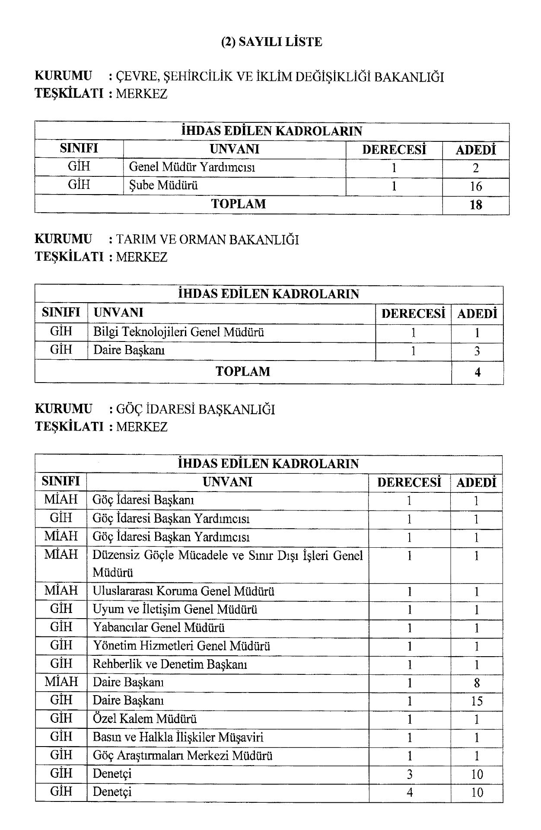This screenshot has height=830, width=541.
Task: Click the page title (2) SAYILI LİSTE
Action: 271,42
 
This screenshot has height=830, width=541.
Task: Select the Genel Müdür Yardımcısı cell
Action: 192,167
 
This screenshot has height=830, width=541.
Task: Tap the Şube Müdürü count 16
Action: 475,186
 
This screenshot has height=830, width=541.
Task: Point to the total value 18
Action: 475,205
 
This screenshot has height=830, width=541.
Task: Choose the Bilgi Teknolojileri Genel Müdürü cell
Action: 178,332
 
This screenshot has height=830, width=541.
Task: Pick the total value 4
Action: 477,372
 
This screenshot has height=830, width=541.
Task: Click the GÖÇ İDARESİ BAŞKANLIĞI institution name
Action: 195,409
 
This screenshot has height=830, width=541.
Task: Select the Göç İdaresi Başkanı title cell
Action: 143,500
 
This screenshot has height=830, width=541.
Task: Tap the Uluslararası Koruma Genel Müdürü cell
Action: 184,591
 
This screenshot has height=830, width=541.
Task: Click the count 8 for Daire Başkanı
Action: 476,683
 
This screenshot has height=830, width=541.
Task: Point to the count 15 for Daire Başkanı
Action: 476,701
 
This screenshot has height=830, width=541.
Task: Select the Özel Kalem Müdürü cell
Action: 145,719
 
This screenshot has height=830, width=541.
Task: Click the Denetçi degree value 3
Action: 409,774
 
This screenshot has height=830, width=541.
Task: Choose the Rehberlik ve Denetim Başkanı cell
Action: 170,664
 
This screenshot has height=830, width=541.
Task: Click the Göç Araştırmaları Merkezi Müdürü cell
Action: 182,756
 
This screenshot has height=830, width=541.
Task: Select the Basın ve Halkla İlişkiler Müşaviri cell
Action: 178,737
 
